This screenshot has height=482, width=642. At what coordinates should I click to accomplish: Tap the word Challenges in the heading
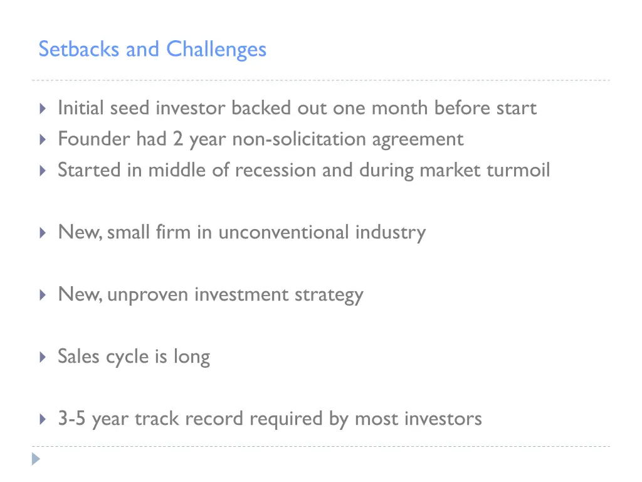216,50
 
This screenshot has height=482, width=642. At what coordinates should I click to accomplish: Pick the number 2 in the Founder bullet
178,139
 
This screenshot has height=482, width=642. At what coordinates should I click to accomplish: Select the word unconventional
283,232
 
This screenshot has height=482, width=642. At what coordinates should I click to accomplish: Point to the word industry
390,233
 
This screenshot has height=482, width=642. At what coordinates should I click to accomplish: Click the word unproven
148,295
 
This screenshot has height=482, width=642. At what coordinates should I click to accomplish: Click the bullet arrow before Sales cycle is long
42,357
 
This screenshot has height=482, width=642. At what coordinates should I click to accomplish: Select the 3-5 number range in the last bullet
72,419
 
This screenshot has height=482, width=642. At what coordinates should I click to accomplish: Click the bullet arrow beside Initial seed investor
42,109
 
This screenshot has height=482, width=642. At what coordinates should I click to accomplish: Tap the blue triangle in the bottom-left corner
37,459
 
